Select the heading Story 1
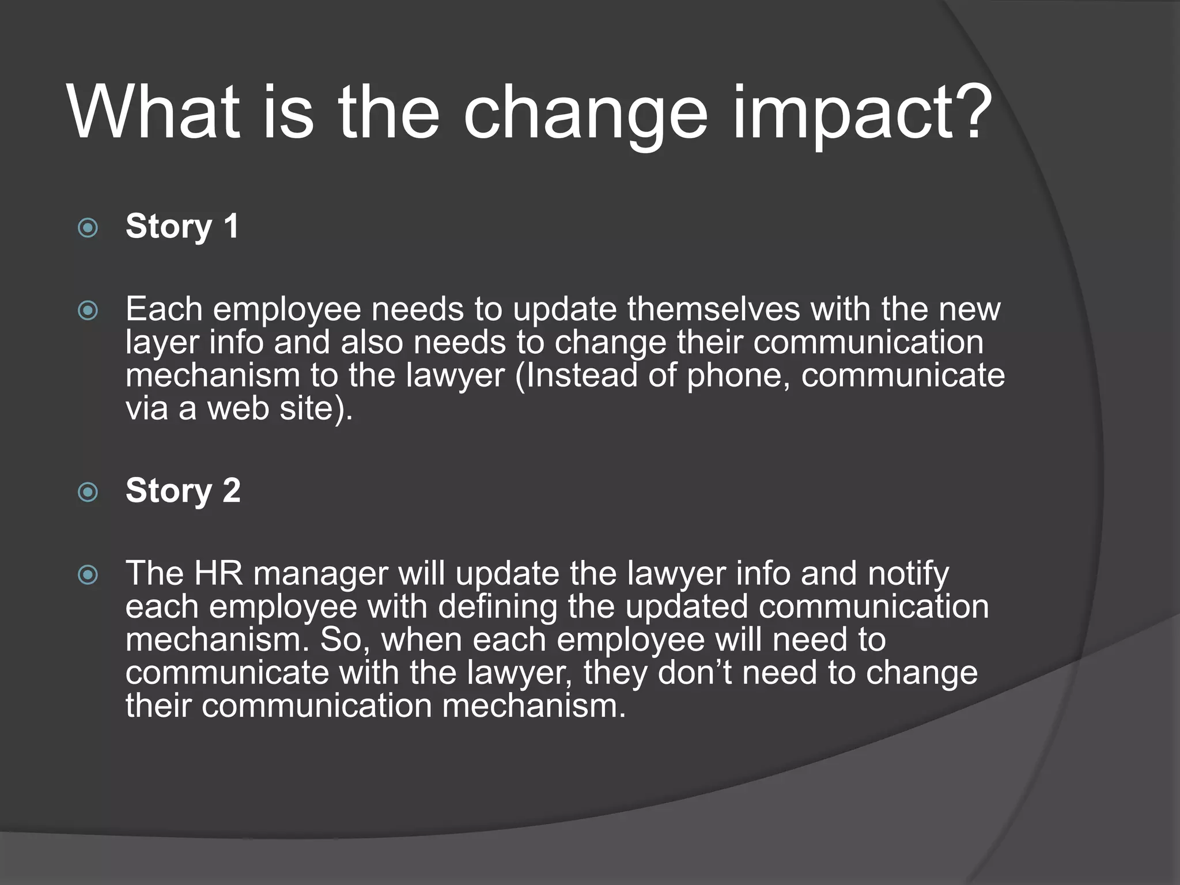(x=182, y=226)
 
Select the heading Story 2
(x=183, y=490)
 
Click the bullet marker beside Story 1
(x=88, y=229)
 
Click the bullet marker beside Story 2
(x=88, y=493)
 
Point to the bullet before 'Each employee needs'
(x=88, y=311)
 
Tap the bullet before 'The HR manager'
(x=88, y=575)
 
